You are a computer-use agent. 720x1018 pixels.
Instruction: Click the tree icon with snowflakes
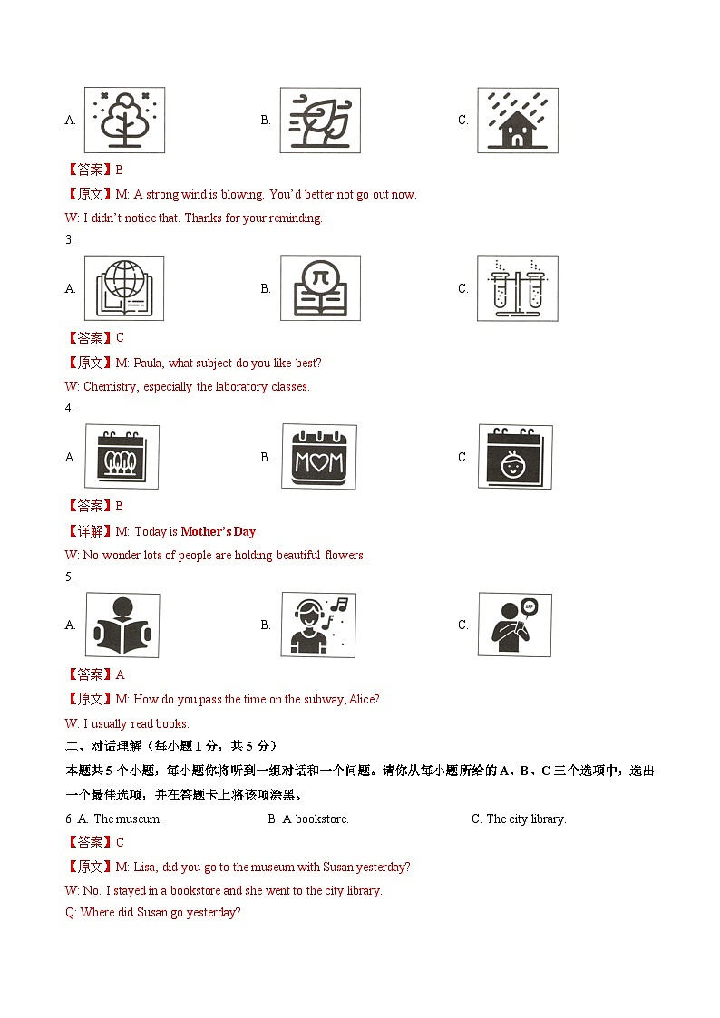click(x=124, y=120)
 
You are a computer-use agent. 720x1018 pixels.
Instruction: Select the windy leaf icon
click(x=319, y=120)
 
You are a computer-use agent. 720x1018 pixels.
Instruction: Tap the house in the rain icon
click(x=517, y=120)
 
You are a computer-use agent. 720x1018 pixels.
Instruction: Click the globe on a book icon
click(x=124, y=288)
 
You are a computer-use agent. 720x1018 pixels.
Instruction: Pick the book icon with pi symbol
click(x=319, y=288)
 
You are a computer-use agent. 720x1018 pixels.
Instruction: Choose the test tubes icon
click(x=517, y=288)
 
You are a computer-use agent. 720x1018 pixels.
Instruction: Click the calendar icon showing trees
click(x=122, y=457)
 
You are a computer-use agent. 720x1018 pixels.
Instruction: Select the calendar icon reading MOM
click(x=318, y=457)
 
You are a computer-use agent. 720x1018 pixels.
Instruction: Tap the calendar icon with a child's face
click(x=515, y=457)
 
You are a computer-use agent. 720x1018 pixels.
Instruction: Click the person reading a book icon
click(x=122, y=625)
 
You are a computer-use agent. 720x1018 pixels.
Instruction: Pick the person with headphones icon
click(x=318, y=625)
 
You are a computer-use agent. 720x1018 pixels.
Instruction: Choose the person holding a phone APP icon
click(x=514, y=625)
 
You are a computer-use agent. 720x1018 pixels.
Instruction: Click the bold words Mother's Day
click(x=219, y=531)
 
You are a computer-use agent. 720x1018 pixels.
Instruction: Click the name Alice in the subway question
click(x=361, y=699)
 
